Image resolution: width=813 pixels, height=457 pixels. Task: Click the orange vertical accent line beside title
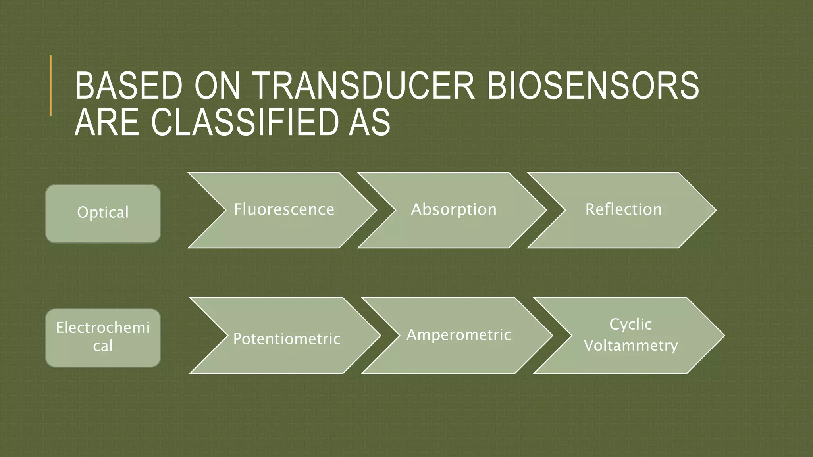click(x=51, y=86)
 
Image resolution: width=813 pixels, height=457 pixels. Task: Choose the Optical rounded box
click(x=103, y=213)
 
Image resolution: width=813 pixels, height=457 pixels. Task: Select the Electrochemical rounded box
click(x=103, y=338)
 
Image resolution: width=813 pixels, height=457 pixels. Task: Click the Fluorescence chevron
click(x=284, y=210)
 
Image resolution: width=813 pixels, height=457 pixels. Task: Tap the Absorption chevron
click(x=453, y=210)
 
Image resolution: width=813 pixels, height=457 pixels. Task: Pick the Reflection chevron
click(x=623, y=210)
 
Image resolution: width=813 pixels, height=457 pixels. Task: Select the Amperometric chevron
click(x=459, y=335)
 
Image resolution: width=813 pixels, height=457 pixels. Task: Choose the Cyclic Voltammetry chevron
click(x=630, y=335)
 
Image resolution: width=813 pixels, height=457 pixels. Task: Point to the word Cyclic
click(x=630, y=325)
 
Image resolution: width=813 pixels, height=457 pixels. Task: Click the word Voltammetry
click(x=630, y=346)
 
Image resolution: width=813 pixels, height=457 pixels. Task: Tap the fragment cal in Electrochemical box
click(x=103, y=346)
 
